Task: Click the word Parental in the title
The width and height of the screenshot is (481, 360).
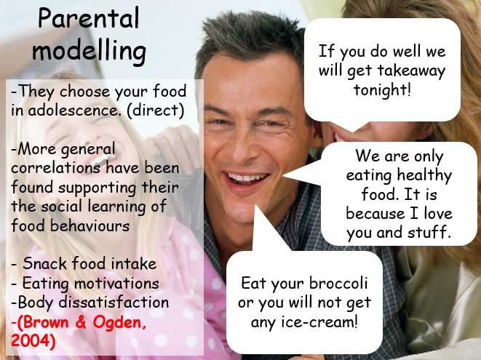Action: pyautogui.click(x=89, y=18)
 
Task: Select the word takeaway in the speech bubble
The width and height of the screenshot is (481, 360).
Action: pyautogui.click(x=411, y=71)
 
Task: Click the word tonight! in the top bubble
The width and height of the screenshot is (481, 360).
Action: pyautogui.click(x=382, y=90)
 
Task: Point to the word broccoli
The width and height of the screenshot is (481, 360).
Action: pyautogui.click(x=338, y=283)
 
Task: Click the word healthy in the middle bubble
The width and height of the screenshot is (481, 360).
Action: pyautogui.click(x=424, y=175)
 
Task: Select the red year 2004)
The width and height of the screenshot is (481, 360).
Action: pyautogui.click(x=33, y=340)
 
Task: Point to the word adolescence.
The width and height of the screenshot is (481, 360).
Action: pyautogui.click(x=73, y=111)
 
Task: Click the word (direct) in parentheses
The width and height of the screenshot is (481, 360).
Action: pyautogui.click(x=155, y=111)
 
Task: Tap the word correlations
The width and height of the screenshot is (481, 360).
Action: pyautogui.click(x=56, y=168)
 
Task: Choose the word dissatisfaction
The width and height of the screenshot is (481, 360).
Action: pyautogui.click(x=114, y=302)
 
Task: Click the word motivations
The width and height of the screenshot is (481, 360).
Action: pyautogui.click(x=116, y=283)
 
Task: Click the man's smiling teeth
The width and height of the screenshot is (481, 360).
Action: pyautogui.click(x=247, y=177)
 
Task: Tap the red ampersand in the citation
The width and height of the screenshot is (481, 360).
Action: pyautogui.click(x=81, y=322)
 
